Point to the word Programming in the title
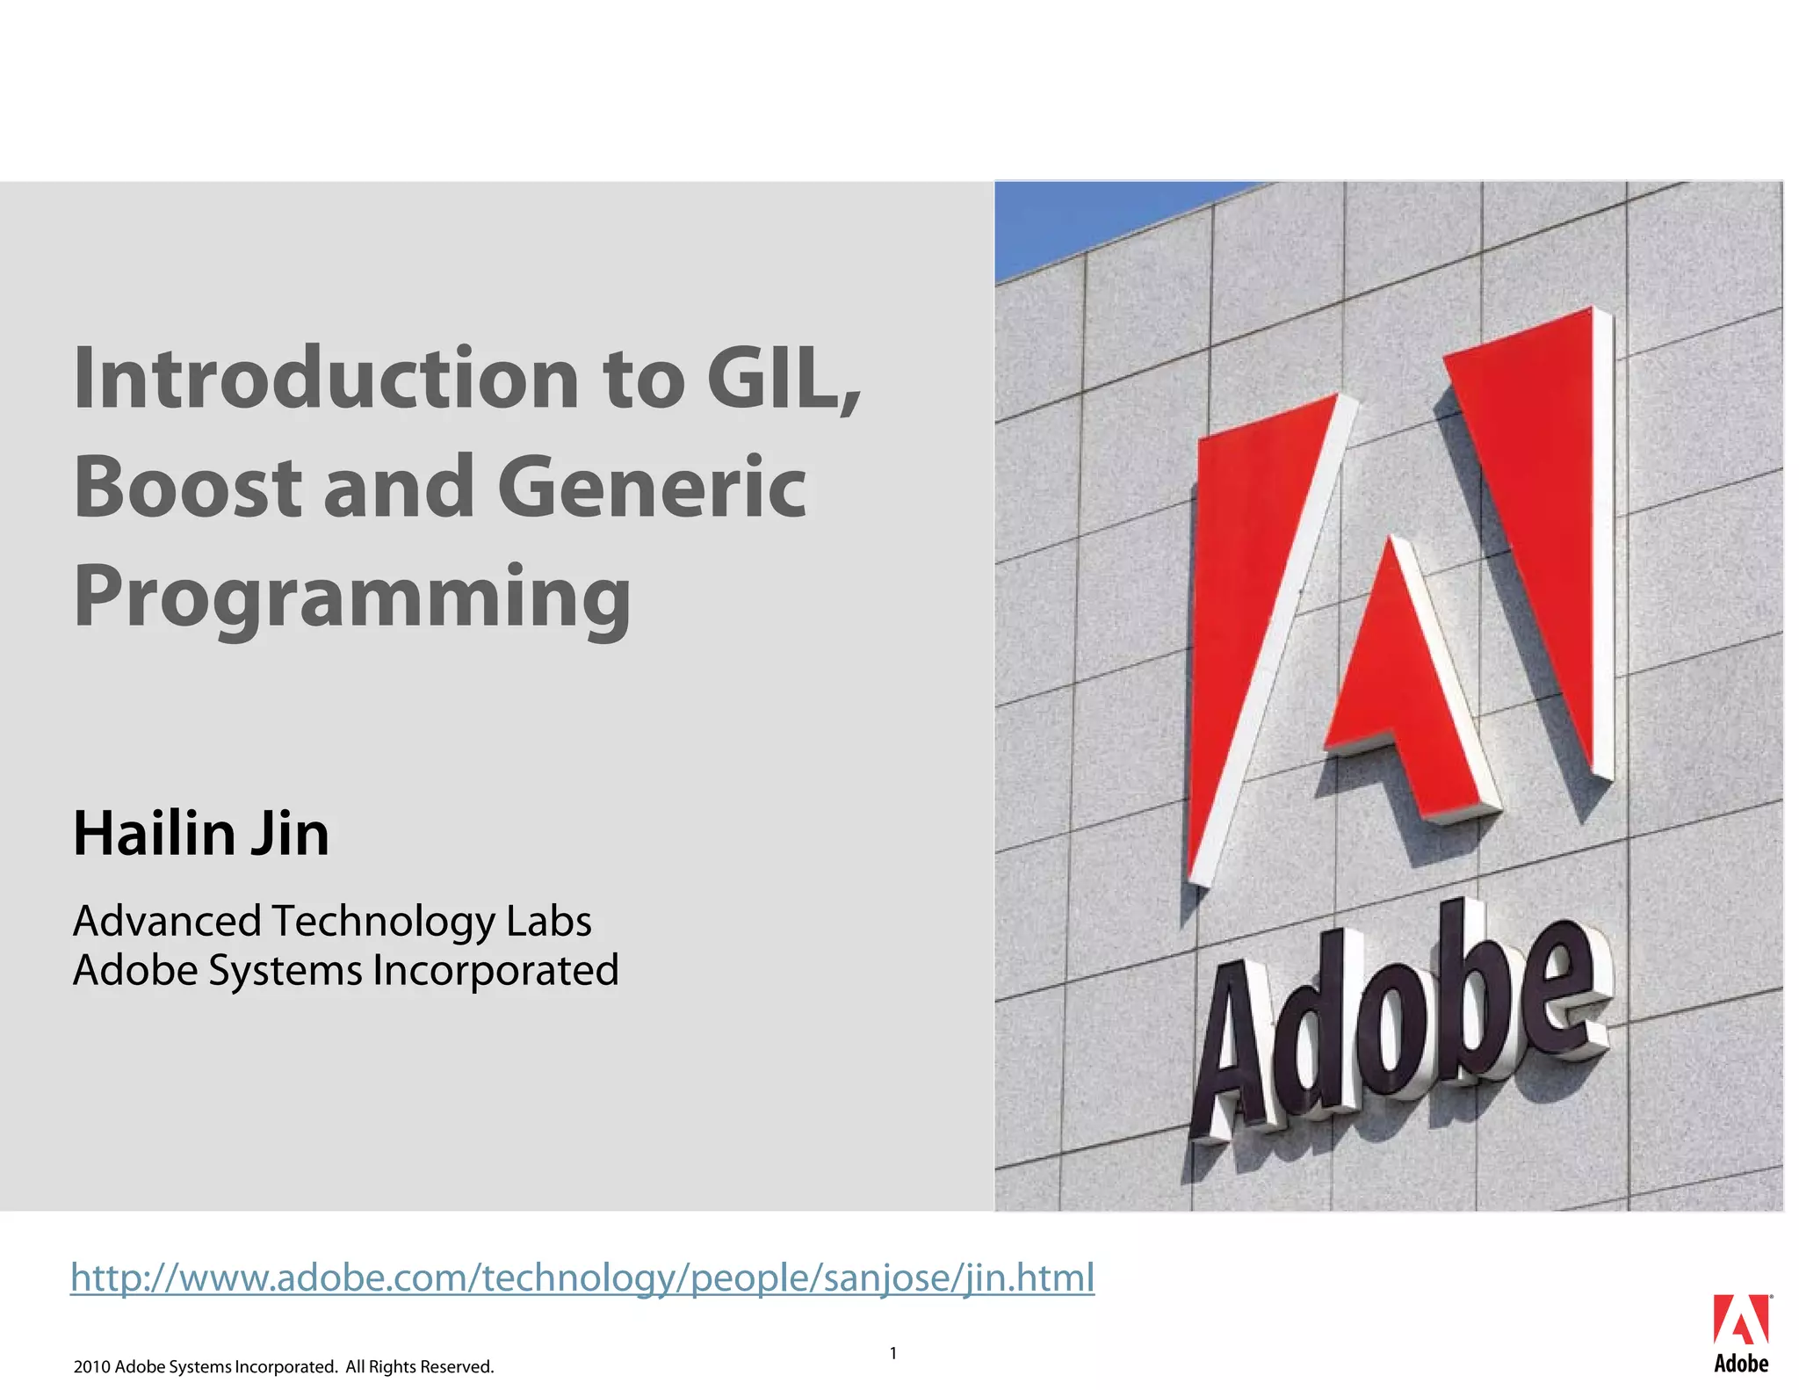(351, 597)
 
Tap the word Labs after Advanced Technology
(548, 921)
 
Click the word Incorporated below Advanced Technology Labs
(495, 971)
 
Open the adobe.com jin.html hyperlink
(582, 1278)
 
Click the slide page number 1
(893, 1353)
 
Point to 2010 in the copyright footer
(91, 1367)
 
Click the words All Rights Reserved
(419, 1367)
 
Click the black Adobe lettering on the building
(1397, 1028)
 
